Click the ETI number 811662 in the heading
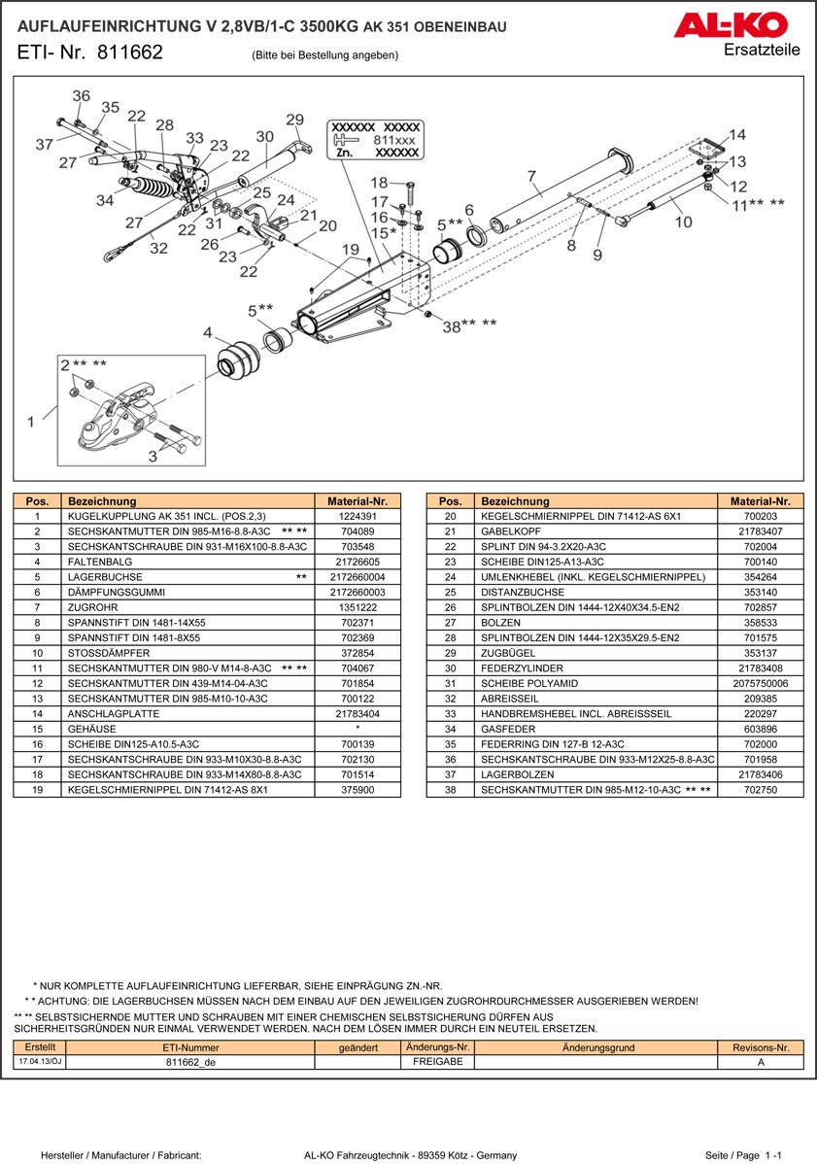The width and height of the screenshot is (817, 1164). click(x=130, y=53)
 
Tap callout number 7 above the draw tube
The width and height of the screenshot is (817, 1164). click(x=531, y=177)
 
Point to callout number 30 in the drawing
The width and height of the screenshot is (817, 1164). click(x=264, y=137)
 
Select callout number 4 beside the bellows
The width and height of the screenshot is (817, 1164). click(x=207, y=333)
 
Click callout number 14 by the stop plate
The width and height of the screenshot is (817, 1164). click(x=737, y=135)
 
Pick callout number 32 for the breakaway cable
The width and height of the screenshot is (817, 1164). click(x=159, y=248)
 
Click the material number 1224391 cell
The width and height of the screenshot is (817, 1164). click(x=357, y=517)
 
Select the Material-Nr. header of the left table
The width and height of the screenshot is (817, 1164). click(x=357, y=501)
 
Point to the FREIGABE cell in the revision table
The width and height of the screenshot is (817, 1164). click(x=436, y=1062)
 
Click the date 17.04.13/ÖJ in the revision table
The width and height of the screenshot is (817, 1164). click(x=40, y=1062)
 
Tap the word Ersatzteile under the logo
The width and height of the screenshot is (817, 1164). click(x=762, y=50)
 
